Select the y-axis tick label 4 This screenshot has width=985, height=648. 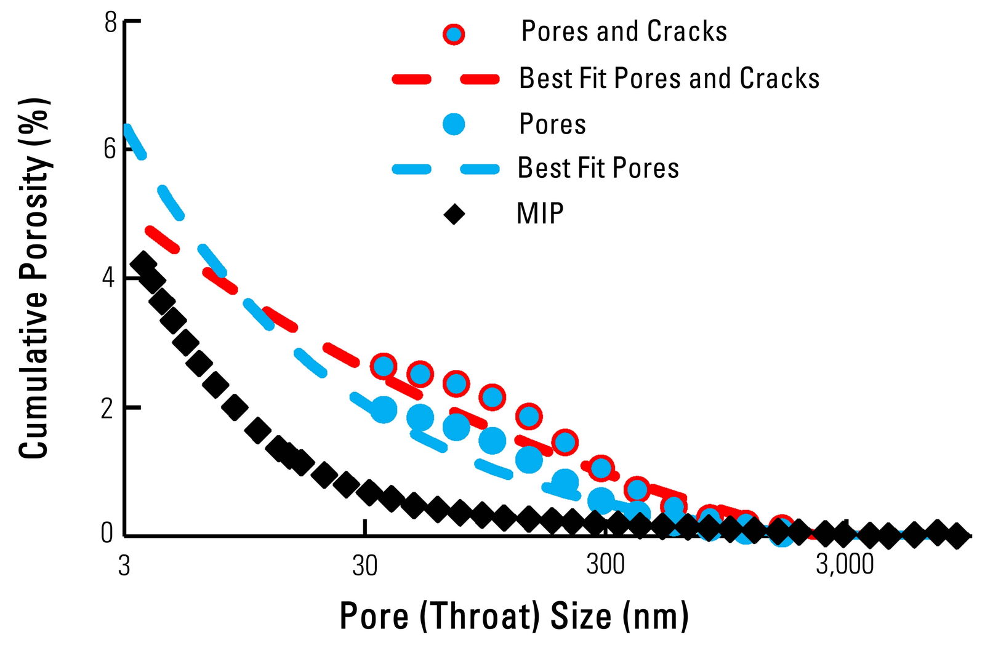110,278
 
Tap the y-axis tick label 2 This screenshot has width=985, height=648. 110,407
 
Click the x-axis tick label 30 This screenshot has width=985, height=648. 365,565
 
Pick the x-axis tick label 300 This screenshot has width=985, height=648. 606,564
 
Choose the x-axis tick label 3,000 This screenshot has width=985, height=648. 845,565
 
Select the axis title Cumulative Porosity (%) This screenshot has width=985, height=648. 34,279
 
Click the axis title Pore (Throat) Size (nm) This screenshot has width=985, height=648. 513,616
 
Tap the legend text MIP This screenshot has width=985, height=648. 540,214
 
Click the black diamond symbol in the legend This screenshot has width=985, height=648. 454,214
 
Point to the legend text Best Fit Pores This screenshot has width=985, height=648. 598,168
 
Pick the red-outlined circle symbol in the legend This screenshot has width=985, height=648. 454,33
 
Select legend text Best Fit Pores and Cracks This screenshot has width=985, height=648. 669,79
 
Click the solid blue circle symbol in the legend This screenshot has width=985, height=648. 454,124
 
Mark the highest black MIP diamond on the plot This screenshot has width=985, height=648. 143,263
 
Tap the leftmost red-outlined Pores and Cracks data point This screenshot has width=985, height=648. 383,366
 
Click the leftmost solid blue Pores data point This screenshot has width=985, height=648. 383,410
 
